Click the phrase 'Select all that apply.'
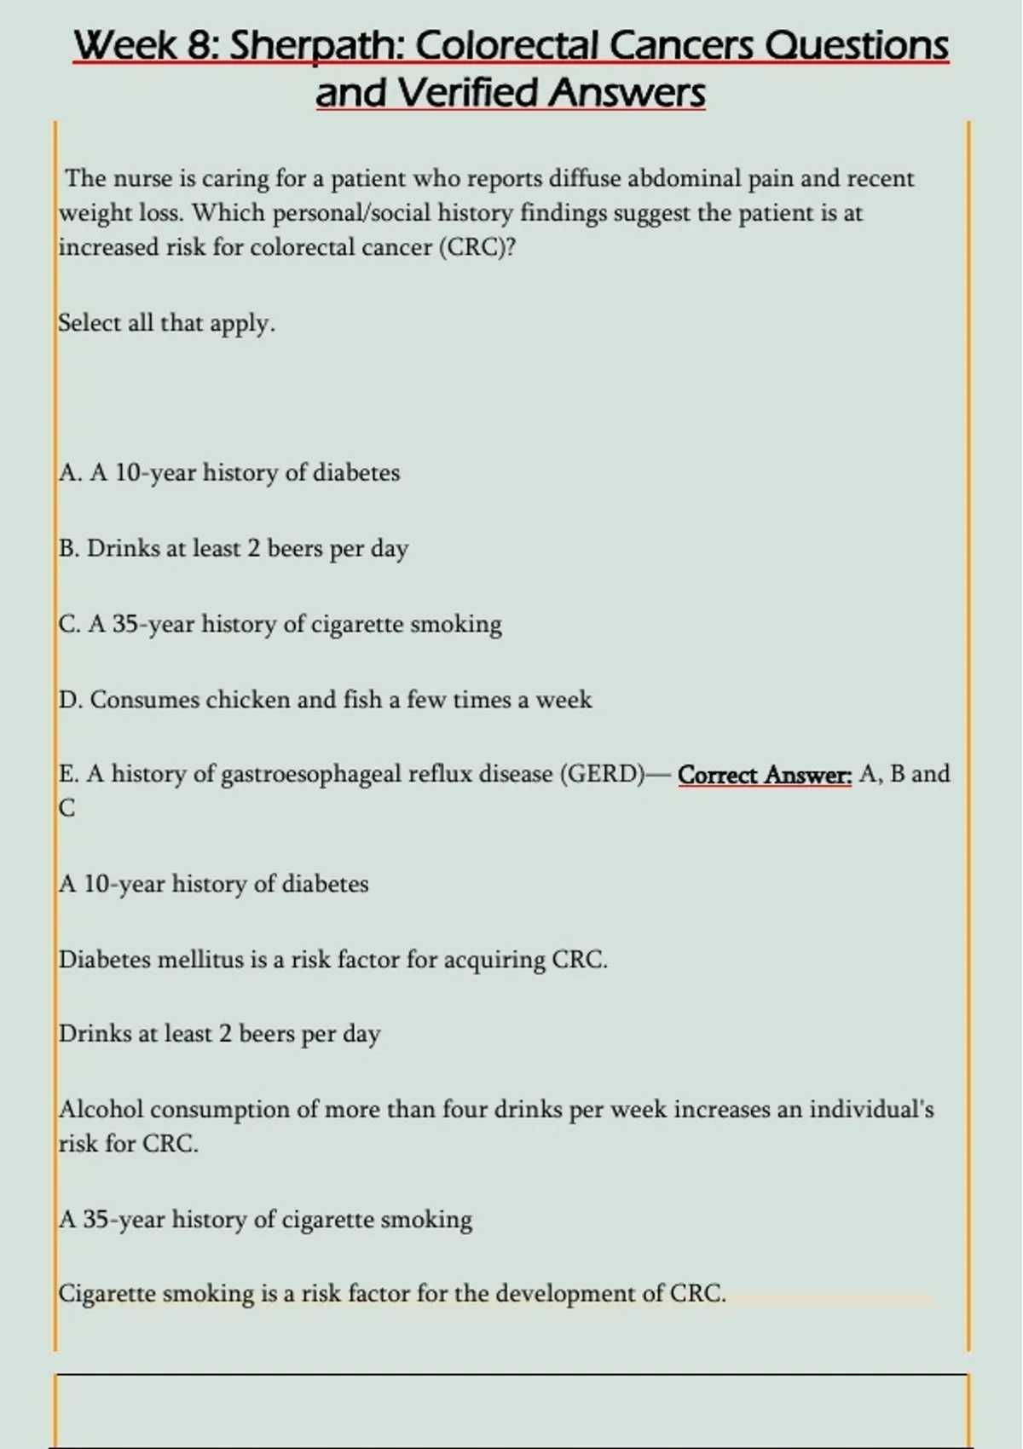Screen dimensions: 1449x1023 coord(167,323)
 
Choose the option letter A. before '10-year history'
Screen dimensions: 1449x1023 coord(71,472)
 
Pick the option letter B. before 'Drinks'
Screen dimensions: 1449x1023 coord(70,548)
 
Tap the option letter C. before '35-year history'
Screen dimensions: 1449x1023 coord(70,624)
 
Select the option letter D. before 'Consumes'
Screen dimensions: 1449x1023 coord(71,700)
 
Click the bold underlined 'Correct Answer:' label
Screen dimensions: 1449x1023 coord(765,774)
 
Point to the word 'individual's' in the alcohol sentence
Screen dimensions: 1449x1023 coord(871,1109)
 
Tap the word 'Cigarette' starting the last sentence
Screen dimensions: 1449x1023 coord(107,1294)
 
